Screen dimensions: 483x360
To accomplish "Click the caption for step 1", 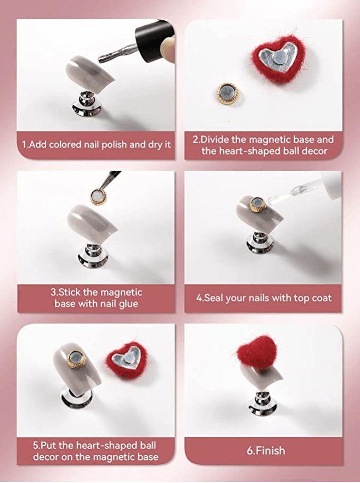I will point(96,145).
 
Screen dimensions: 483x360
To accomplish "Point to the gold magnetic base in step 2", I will point(226,92).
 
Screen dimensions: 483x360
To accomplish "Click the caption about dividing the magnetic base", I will point(263,145).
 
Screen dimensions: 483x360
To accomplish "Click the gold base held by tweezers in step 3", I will point(99,196).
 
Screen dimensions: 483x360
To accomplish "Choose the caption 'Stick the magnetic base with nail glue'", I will point(96,297).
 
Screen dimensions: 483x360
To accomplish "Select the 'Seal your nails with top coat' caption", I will point(263,299).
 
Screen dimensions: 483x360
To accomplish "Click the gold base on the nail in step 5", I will point(76,359).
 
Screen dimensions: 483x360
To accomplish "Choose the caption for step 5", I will point(96,451).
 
